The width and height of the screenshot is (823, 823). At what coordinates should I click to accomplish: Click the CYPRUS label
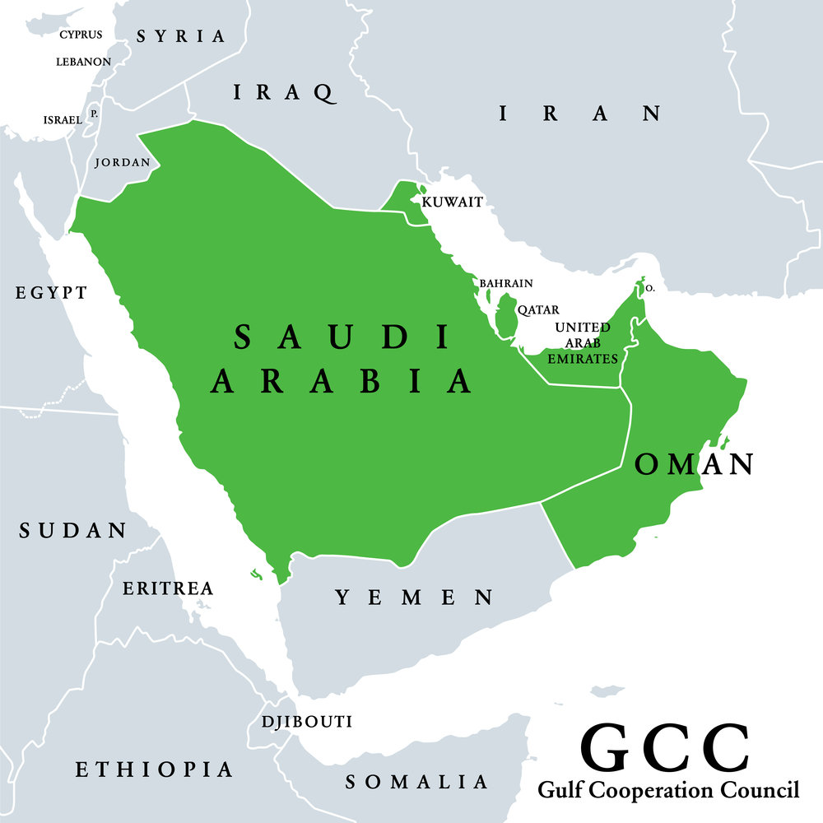(x=81, y=35)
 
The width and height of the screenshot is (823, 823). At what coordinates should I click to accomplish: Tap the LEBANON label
(x=83, y=62)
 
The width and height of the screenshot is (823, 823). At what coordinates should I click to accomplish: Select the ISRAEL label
(x=63, y=120)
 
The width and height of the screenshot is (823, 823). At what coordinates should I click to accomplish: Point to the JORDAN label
(x=123, y=162)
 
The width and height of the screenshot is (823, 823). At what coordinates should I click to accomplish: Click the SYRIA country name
(x=180, y=36)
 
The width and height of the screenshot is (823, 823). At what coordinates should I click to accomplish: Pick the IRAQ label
(x=284, y=92)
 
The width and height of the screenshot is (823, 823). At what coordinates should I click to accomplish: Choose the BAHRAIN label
(x=506, y=283)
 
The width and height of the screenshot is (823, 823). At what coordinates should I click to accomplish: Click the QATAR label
(x=538, y=310)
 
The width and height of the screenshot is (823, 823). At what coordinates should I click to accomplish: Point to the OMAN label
(x=695, y=464)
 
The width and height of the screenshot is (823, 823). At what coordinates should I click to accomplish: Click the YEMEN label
(x=414, y=597)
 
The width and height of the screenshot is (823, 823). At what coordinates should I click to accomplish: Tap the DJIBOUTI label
(x=306, y=722)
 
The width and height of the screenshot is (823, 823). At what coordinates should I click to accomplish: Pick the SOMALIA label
(x=416, y=782)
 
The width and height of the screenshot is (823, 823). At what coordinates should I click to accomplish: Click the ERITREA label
(x=168, y=588)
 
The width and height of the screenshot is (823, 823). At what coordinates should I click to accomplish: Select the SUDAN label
(x=73, y=531)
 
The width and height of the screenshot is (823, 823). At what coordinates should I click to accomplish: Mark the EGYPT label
(x=51, y=292)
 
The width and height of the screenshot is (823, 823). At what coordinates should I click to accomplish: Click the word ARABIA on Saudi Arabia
(x=342, y=380)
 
